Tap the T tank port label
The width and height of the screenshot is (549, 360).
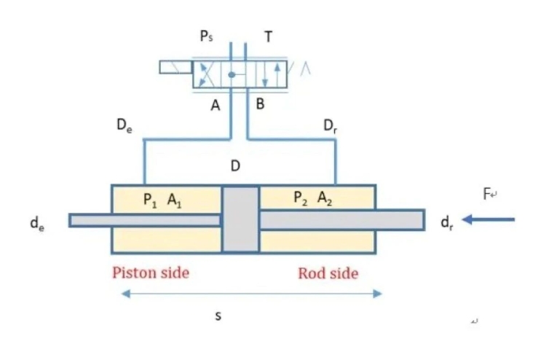[269, 37]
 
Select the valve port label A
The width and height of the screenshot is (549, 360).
[216, 106]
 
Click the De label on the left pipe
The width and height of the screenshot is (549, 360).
[125, 125]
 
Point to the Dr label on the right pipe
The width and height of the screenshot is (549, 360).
[330, 125]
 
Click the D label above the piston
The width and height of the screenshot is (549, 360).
[235, 166]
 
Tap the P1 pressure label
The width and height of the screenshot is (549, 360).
[149, 197]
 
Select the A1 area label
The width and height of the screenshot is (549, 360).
[174, 197]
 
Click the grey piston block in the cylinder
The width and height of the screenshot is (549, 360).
[240, 219]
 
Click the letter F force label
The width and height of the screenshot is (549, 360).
[488, 194]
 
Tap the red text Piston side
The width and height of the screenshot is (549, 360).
[150, 273]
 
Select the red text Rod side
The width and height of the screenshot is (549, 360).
[328, 274]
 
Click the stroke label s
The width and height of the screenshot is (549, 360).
[218, 316]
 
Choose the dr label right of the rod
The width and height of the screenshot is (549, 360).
[446, 222]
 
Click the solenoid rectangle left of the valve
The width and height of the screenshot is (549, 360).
[175, 68]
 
